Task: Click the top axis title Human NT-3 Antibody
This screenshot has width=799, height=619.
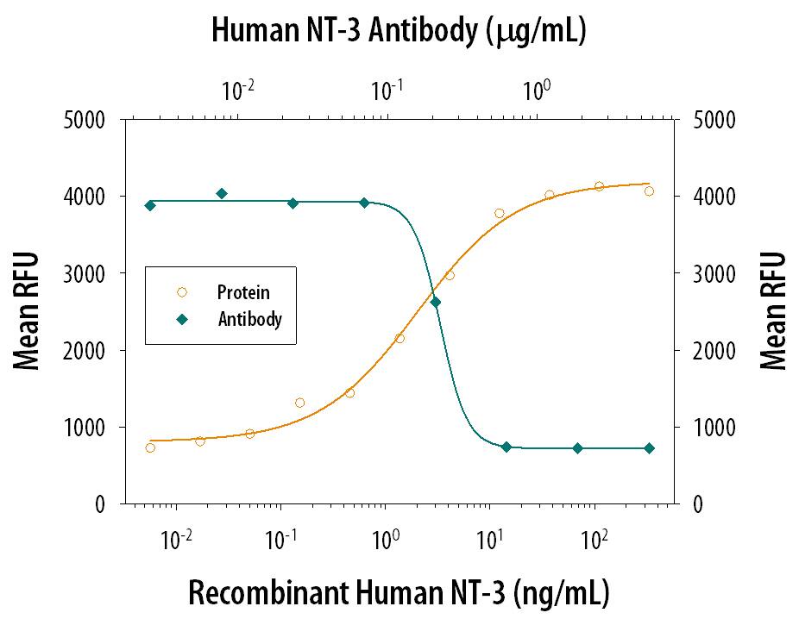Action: click(399, 31)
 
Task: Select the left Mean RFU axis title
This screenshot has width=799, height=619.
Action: click(28, 311)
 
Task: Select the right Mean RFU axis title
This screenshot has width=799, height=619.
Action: click(774, 311)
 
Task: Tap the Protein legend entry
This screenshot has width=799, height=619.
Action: click(236, 292)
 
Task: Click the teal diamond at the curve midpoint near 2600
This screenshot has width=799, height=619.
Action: click(436, 302)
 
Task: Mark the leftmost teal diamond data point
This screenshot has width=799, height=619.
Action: click(150, 205)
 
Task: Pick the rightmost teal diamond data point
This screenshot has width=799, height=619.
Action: click(649, 448)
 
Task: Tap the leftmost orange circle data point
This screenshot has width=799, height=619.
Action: click(150, 447)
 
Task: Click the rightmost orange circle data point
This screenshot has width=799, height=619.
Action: click(649, 191)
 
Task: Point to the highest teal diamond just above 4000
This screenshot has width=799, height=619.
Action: click(222, 194)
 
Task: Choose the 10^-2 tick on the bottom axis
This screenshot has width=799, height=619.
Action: click(177, 540)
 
